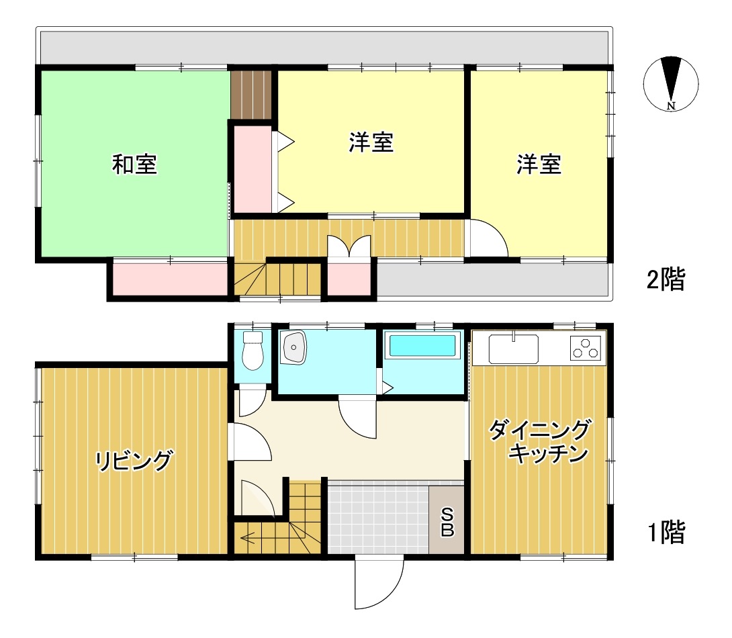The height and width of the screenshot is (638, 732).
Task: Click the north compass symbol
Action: click(671, 84)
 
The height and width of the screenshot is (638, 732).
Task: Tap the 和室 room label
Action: click(134, 165)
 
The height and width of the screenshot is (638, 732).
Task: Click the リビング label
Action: click(134, 461)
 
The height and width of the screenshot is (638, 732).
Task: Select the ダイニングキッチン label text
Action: click(540, 441)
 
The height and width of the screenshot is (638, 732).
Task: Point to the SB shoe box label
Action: click(447, 522)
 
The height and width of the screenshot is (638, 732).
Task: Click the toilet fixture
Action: click(253, 351)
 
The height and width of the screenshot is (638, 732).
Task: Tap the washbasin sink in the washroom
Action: click(293, 347)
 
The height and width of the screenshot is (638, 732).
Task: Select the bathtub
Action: click(422, 345)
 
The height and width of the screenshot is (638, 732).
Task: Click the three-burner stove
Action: click(586, 349)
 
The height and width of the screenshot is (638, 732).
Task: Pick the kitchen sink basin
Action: click(514, 349)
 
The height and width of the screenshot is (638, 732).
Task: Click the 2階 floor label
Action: click(666, 279)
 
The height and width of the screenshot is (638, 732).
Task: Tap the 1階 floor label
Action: click(666, 532)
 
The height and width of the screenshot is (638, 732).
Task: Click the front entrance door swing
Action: click(379, 584)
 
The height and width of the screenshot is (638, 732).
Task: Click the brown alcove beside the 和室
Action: click(251, 95)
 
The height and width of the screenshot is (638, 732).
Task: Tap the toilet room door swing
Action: click(252, 402)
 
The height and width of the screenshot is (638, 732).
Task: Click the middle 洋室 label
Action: click(371, 142)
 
